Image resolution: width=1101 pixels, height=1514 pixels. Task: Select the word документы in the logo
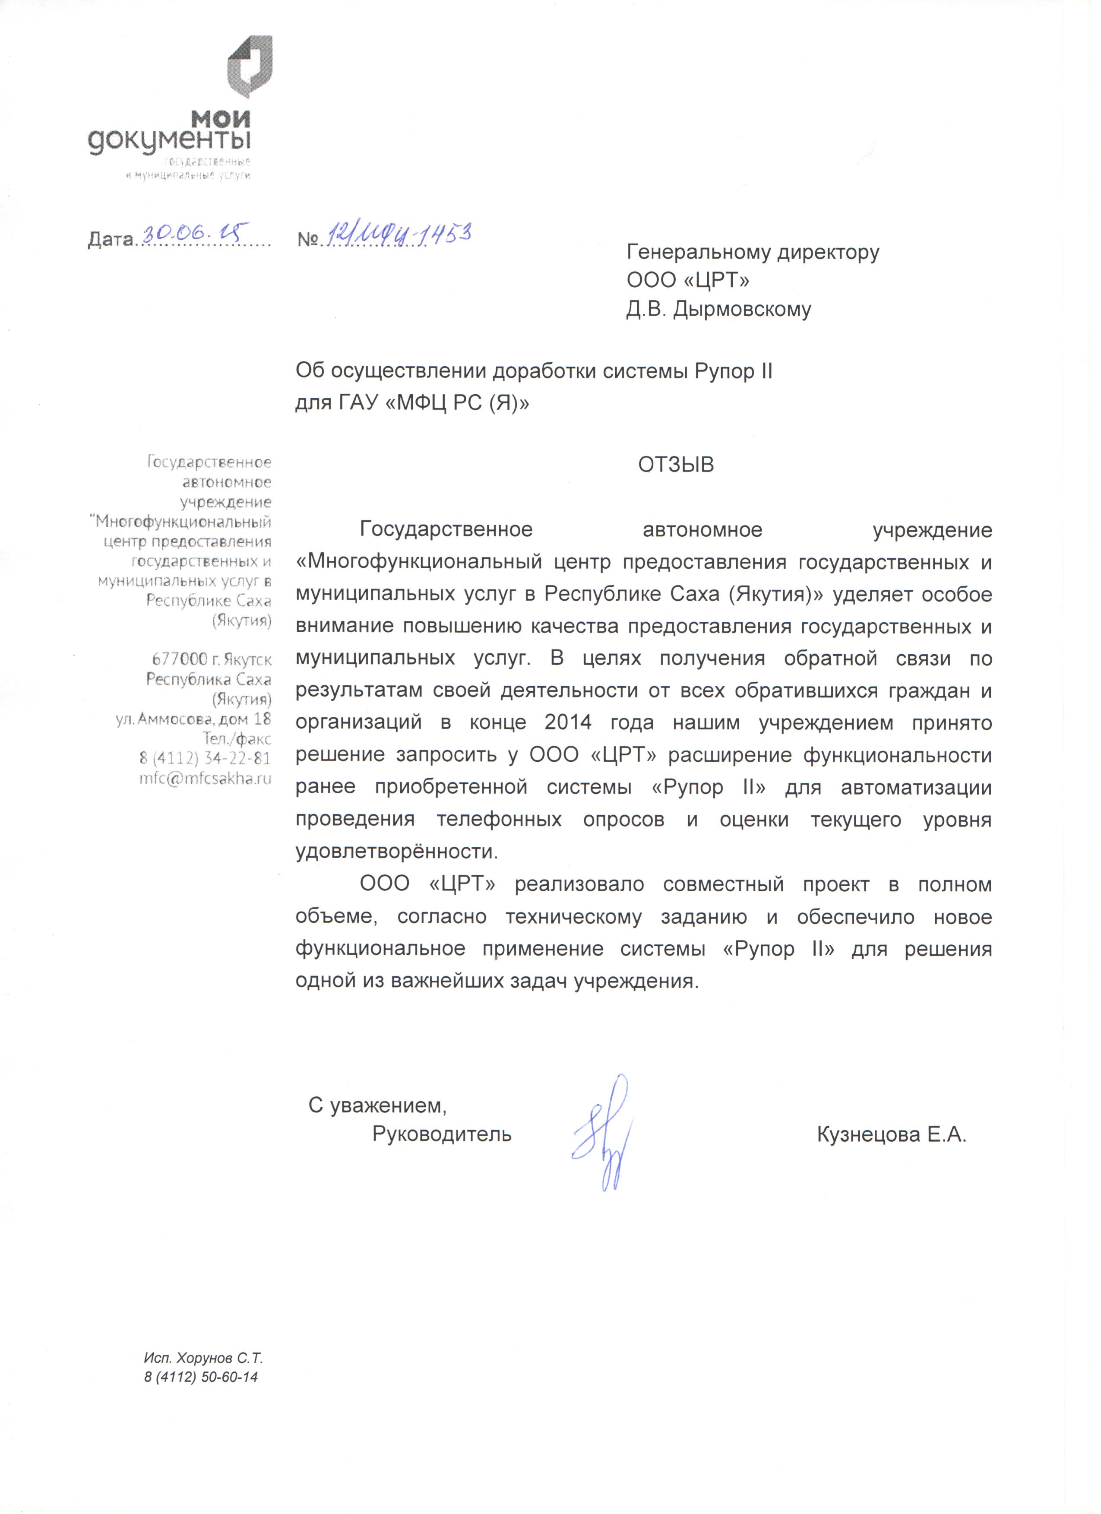(170, 142)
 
